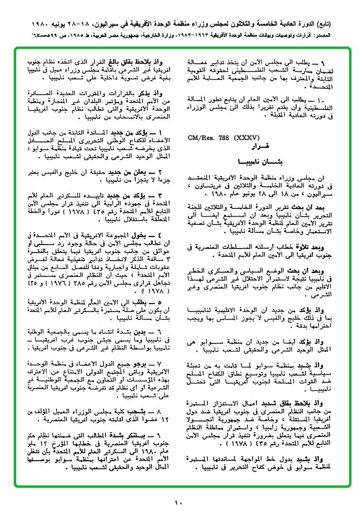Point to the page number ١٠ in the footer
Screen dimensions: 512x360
click(179, 503)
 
